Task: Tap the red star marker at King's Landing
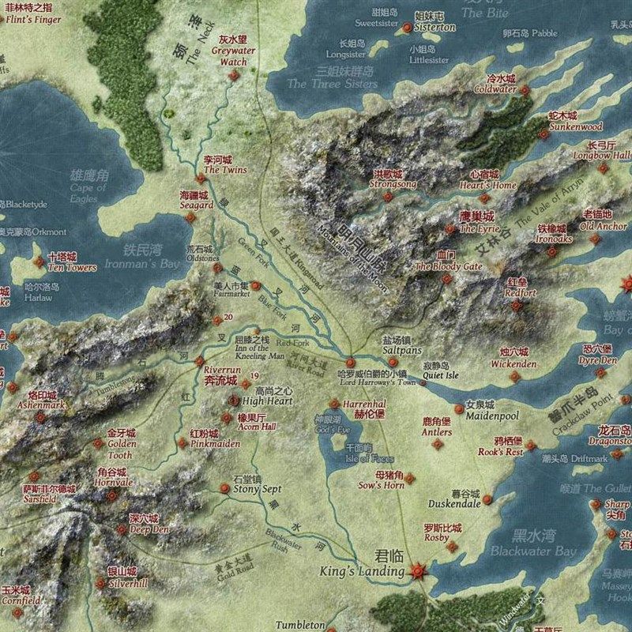click(x=418, y=570)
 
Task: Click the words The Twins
click(x=225, y=170)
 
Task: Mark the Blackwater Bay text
click(x=533, y=551)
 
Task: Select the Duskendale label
click(x=454, y=503)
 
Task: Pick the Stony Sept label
click(x=257, y=489)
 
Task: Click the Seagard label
click(x=197, y=205)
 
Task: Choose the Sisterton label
click(x=435, y=27)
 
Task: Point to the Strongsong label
click(x=393, y=184)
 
